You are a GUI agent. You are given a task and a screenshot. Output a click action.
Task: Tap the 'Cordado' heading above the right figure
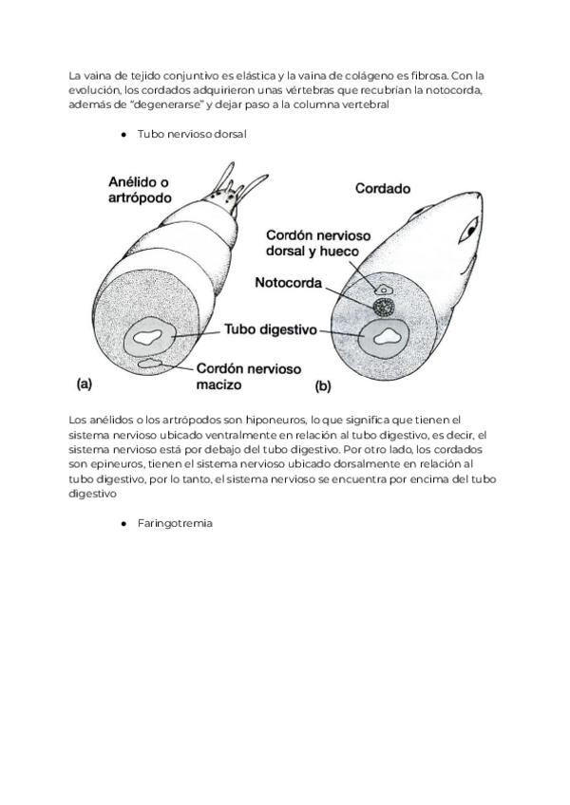click(x=383, y=188)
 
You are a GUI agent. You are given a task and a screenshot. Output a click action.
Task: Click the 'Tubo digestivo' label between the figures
click(x=269, y=330)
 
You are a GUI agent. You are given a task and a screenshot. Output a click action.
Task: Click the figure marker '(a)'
click(x=84, y=384)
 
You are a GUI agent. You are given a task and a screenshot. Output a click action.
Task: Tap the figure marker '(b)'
click(x=323, y=386)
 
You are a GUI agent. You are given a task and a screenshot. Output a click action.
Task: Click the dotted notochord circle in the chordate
click(x=384, y=307)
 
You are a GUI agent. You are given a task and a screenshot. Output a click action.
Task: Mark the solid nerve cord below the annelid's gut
click(x=150, y=363)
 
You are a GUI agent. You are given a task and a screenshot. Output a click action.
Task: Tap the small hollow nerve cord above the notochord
click(x=384, y=288)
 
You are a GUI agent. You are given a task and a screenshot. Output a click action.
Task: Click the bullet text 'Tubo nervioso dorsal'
click(x=192, y=135)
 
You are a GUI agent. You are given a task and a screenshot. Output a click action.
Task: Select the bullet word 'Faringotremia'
click(x=175, y=523)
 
